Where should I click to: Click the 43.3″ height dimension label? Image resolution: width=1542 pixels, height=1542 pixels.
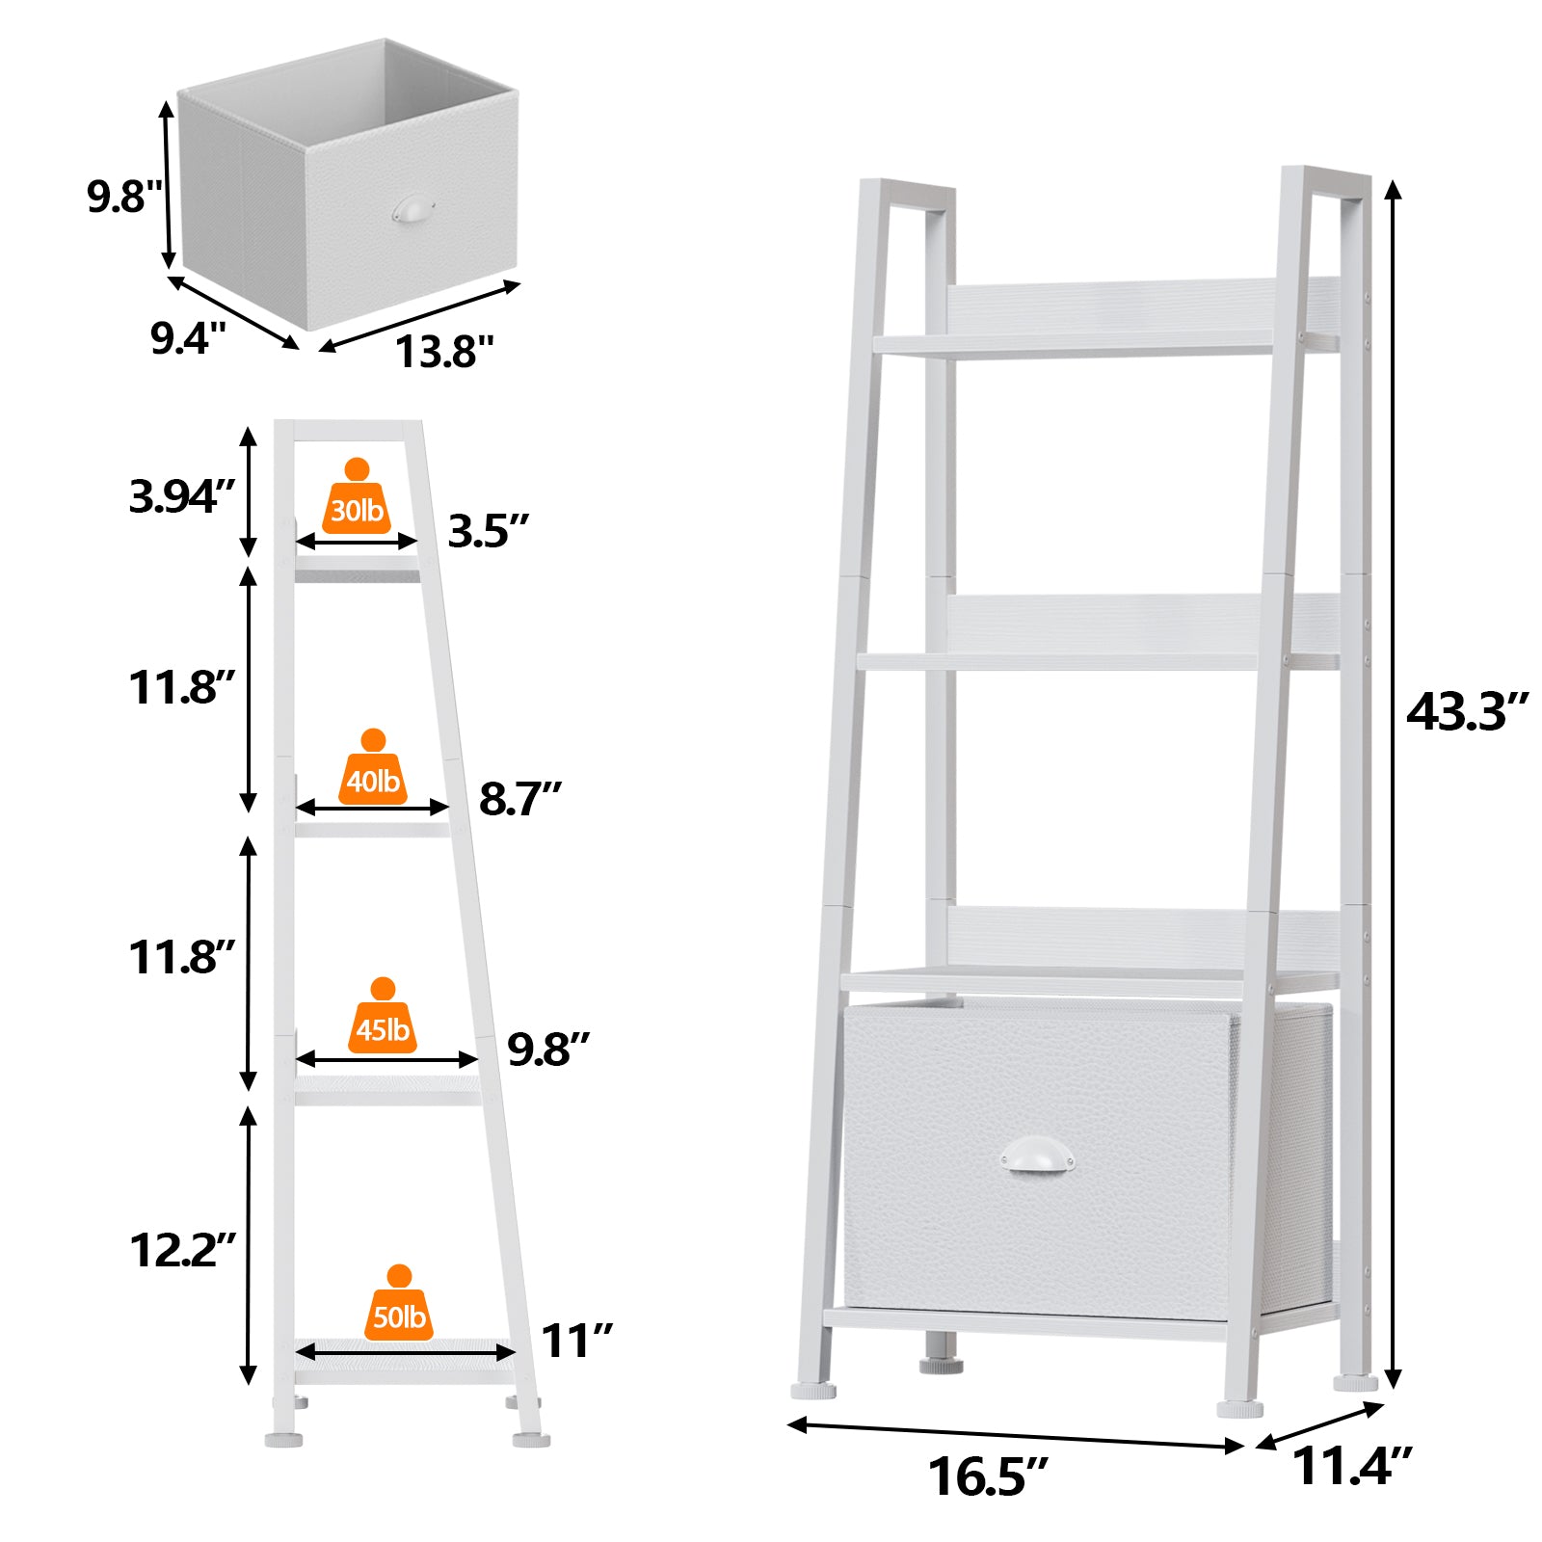1467,712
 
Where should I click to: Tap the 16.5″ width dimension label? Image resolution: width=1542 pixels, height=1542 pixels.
988,1476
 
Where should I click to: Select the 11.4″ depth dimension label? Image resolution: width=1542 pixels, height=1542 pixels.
1351,1467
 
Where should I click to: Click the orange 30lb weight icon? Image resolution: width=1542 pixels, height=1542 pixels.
357,496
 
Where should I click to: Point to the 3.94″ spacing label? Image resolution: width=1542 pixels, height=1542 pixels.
182,497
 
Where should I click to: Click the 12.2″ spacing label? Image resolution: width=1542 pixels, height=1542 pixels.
182,1250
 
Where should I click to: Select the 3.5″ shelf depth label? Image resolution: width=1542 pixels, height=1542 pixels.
489,531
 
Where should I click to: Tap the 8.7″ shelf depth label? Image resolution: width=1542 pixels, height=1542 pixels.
520,799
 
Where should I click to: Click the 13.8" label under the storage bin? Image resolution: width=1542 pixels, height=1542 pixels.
444,352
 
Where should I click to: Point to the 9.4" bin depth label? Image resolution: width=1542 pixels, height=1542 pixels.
188,338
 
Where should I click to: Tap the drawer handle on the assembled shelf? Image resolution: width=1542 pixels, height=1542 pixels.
1037,1154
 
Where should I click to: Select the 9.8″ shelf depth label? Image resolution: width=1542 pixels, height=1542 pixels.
548,1050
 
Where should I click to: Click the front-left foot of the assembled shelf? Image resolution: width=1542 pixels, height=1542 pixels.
814,1392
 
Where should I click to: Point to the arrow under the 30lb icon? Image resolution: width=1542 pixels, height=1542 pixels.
357,543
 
